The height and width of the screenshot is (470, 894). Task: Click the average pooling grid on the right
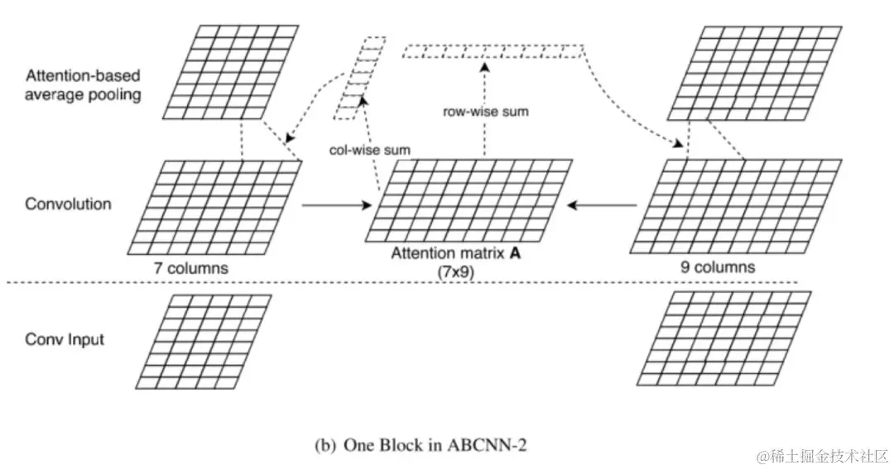click(745, 73)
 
